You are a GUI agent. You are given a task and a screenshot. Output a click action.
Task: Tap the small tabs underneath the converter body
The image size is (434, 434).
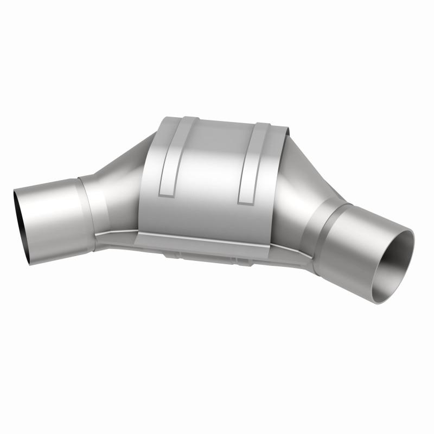228,255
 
